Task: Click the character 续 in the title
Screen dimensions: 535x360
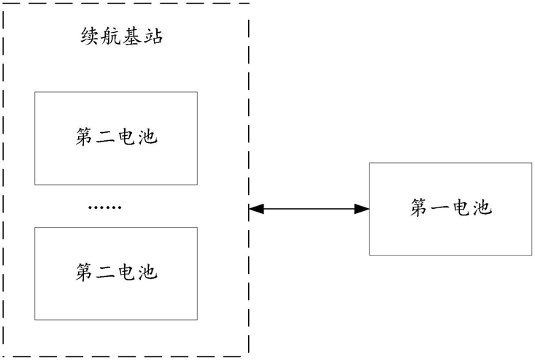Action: [91, 36]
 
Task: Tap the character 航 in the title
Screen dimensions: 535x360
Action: [111, 36]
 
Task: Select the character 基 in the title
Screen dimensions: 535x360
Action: [131, 36]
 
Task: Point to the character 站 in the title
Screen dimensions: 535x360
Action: [153, 36]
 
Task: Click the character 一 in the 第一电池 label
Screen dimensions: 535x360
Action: [441, 208]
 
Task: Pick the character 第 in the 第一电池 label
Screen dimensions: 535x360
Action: [420, 207]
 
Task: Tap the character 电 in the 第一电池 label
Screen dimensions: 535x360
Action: [461, 207]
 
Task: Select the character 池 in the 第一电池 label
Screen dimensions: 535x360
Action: [482, 207]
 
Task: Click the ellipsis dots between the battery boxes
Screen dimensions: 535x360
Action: [104, 207]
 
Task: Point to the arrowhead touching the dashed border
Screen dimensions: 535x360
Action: [256, 209]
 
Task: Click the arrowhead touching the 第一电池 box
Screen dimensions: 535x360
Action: [362, 209]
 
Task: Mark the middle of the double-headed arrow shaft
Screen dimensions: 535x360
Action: [309, 209]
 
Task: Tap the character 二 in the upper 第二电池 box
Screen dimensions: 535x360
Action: [105, 137]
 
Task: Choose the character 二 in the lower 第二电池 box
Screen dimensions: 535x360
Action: [105, 272]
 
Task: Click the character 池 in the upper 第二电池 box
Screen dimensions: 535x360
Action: [147, 137]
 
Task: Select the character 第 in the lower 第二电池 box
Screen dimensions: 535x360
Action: [85, 272]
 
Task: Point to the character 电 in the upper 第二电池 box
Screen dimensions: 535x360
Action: [126, 137]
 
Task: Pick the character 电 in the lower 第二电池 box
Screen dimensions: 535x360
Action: [126, 272]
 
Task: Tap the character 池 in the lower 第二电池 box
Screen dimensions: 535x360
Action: [147, 272]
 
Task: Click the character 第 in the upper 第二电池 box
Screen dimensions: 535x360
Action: [85, 137]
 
